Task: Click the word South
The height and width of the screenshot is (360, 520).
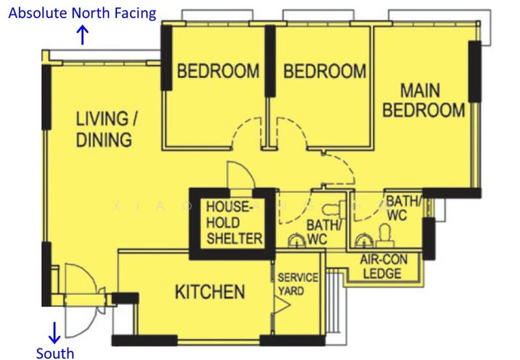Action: [55, 353]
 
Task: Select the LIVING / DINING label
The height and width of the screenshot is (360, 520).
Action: [104, 129]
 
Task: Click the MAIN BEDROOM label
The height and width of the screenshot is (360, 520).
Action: [423, 100]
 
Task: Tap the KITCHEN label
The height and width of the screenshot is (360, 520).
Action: [210, 292]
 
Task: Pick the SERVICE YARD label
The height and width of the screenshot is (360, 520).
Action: [298, 284]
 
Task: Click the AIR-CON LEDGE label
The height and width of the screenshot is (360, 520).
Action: [383, 266]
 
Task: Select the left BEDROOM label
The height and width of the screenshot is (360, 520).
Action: [218, 70]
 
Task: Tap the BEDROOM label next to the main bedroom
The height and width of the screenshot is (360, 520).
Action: [324, 70]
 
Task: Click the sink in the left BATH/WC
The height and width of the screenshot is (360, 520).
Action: [298, 242]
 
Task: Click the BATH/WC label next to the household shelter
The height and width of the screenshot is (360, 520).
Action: [324, 232]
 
